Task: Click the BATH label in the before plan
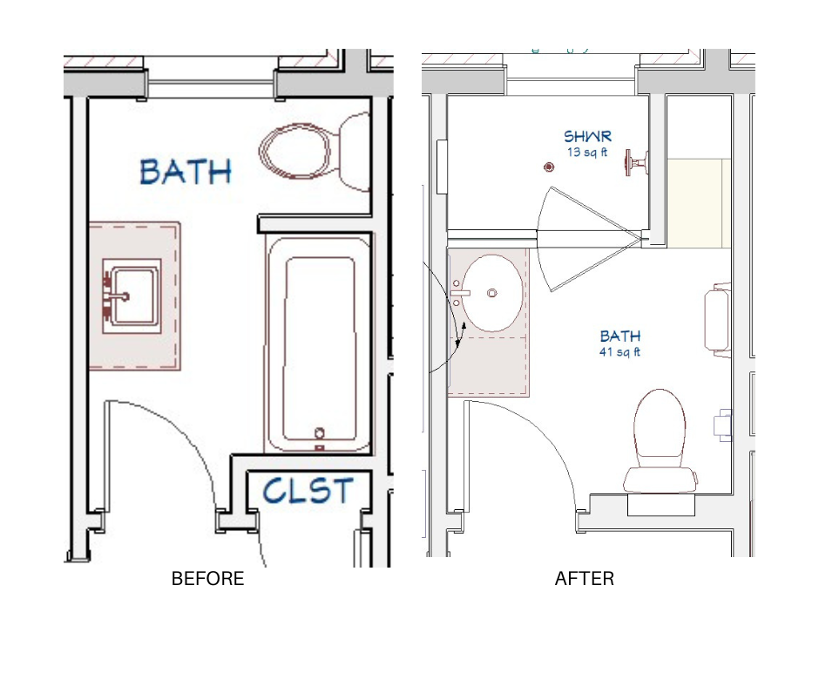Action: [x=186, y=172]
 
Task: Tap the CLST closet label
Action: [x=308, y=491]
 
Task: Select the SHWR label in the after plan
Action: [x=587, y=137]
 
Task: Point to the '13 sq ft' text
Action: [x=587, y=153]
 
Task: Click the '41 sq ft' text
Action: [x=620, y=352]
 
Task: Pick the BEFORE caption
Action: [x=208, y=579]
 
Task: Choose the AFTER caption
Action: [x=585, y=579]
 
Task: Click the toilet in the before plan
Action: [x=314, y=151]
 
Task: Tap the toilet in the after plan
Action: [x=660, y=441]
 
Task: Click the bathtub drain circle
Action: [x=320, y=433]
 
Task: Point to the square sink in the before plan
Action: [x=132, y=296]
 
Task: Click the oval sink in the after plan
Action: [x=492, y=293]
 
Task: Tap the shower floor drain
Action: [x=548, y=167]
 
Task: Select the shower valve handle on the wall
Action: [x=636, y=163]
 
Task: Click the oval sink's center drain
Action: [x=491, y=293]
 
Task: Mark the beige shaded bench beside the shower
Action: [x=699, y=203]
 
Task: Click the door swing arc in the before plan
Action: [x=194, y=444]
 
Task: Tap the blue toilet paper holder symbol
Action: [x=723, y=425]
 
